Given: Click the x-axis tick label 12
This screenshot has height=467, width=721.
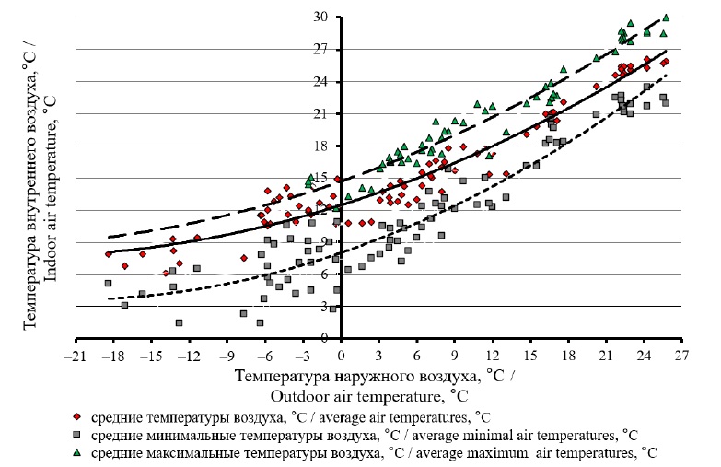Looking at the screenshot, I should (493, 356).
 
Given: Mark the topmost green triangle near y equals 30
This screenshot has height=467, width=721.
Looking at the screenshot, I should (692, 18).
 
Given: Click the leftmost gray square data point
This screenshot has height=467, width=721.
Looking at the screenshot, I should (108, 283).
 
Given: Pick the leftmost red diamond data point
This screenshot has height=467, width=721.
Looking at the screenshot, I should (109, 253).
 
